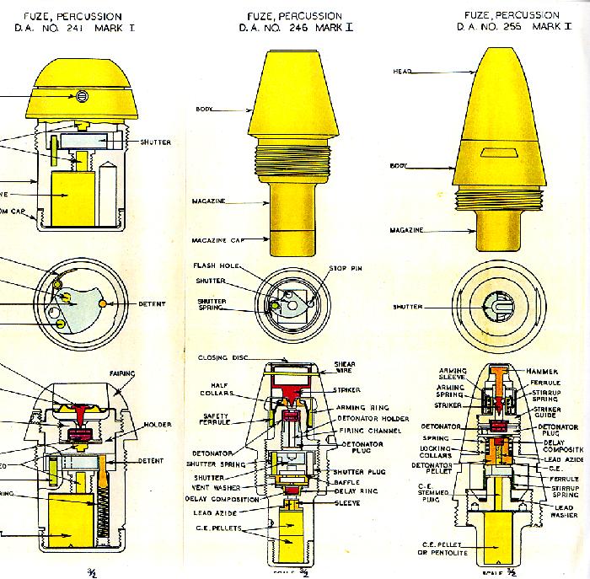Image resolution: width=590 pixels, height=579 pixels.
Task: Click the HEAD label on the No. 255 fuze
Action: pyautogui.click(x=402, y=72)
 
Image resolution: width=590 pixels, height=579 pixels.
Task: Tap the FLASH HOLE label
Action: pyautogui.click(x=216, y=266)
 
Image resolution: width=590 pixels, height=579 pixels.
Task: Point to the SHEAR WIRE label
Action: pyautogui.click(x=345, y=368)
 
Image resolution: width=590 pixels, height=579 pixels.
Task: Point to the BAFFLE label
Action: pyautogui.click(x=347, y=483)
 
